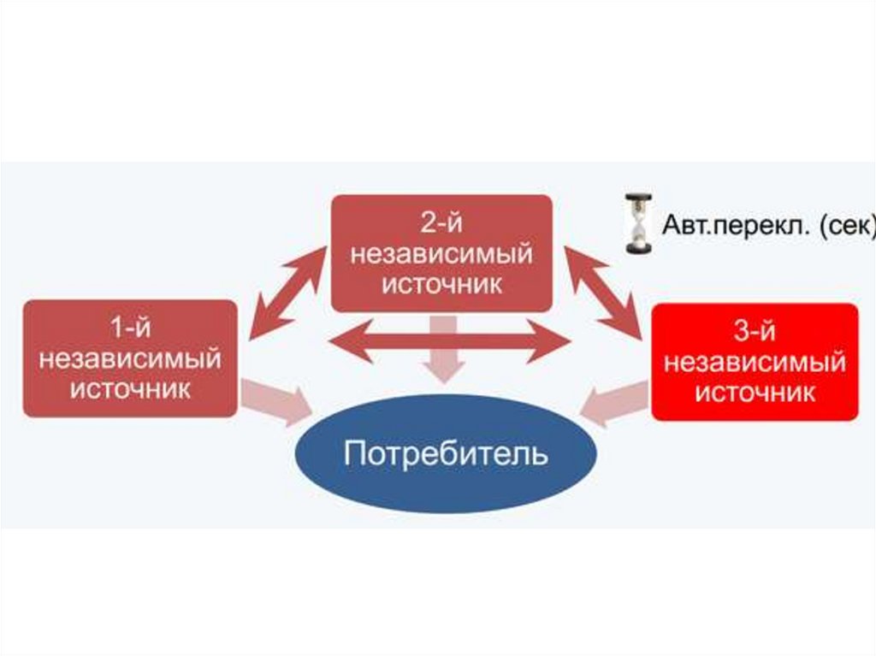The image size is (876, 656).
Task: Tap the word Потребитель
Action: point(445,453)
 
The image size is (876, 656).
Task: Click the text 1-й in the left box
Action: point(130,328)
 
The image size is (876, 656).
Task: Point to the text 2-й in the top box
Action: point(441,223)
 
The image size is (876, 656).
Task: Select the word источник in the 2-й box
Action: point(441,283)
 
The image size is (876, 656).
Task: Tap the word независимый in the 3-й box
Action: point(755,362)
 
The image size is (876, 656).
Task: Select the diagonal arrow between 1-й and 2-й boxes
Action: point(287,291)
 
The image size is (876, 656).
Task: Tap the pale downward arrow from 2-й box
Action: point(441,349)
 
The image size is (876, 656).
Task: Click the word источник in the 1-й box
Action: point(130,388)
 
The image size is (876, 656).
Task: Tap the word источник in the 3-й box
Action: point(755,393)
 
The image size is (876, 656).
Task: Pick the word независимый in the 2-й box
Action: point(441,253)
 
